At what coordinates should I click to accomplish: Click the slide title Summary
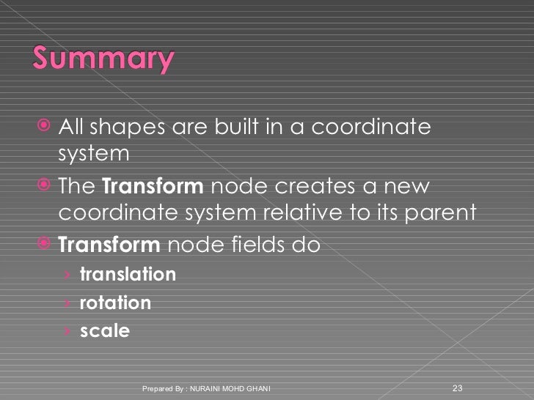[103, 59]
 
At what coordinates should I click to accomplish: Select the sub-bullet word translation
[128, 275]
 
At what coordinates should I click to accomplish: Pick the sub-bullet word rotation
[115, 303]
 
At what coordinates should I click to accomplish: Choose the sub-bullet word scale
[104, 331]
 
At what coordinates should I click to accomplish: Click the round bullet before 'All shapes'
[45, 127]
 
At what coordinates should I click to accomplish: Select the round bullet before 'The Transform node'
[45, 185]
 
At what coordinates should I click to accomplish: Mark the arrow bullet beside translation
[67, 275]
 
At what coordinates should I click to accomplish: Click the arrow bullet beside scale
[67, 332]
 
